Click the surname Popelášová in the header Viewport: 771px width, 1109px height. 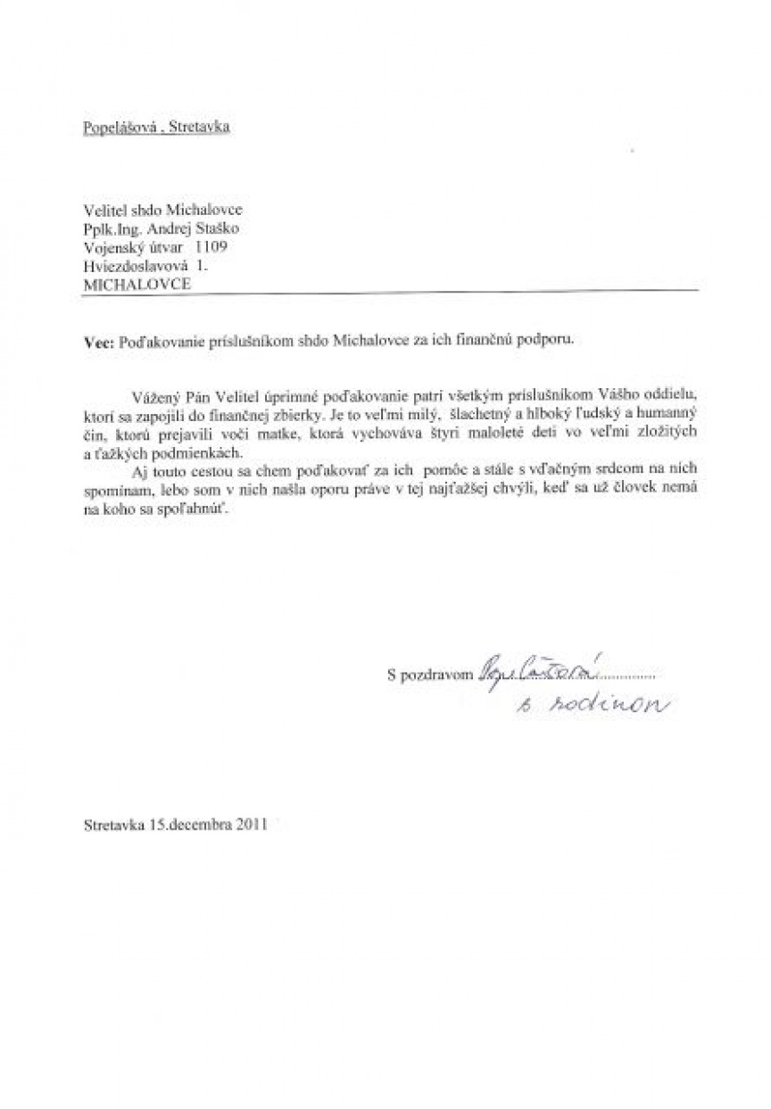112,127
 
